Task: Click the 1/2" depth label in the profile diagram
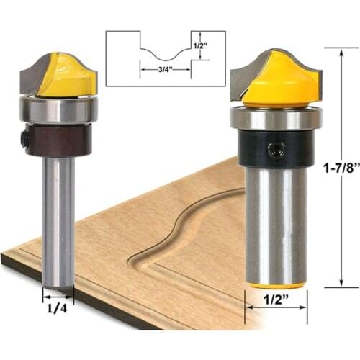point(202,45)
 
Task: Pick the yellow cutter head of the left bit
point(68,76)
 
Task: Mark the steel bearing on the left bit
point(58,109)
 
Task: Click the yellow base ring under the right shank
point(276,286)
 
